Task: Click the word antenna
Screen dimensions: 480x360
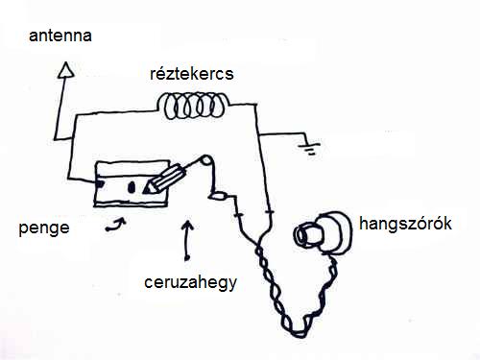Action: point(60,36)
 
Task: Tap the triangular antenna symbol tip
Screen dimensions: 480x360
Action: point(66,62)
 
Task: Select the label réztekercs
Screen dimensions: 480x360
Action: point(192,74)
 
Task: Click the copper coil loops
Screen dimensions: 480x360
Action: point(193,106)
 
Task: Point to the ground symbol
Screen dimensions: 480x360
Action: point(310,148)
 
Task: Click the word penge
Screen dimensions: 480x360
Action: point(44,228)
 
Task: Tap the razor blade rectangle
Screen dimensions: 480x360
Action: point(132,183)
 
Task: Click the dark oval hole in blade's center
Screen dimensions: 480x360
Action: point(132,187)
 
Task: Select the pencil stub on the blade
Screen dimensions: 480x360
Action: point(165,180)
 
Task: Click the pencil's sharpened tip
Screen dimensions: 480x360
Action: point(147,190)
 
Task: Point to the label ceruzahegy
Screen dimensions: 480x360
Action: point(190,283)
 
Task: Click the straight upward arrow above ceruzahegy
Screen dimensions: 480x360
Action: point(187,240)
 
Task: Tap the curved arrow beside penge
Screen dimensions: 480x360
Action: point(116,225)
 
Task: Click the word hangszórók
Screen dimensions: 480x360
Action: point(405,224)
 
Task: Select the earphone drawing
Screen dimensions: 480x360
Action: point(323,233)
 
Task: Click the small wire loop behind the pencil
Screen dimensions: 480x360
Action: point(205,160)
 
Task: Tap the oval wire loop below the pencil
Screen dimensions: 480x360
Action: point(218,196)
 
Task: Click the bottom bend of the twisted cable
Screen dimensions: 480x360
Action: point(299,334)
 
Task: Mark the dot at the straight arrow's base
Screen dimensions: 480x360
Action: point(187,257)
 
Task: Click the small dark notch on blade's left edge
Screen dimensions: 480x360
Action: point(100,184)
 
